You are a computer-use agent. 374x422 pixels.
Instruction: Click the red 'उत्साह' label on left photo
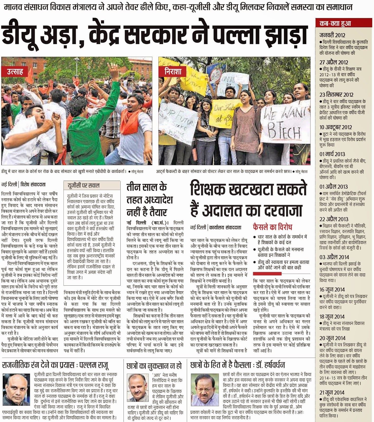[x=15, y=71]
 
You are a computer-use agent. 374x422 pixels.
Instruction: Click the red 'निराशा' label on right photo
[x=173, y=71]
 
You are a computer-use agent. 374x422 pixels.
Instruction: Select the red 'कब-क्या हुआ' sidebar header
[x=335, y=23]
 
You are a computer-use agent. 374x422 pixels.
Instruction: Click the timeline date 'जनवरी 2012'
[x=332, y=35]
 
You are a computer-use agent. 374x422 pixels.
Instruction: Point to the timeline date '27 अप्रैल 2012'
[x=334, y=63]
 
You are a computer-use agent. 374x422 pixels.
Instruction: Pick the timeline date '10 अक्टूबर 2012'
[x=335, y=127]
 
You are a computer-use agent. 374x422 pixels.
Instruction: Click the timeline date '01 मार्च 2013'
[x=332, y=154]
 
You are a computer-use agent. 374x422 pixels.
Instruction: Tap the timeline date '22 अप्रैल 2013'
[x=334, y=219]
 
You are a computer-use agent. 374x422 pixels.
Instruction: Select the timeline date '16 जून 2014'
[x=332, y=290]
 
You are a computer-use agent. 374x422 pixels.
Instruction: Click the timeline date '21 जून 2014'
[x=332, y=392]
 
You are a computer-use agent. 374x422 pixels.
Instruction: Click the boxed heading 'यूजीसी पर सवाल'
[x=83, y=186]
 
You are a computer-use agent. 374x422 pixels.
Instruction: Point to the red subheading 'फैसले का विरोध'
[x=272, y=227]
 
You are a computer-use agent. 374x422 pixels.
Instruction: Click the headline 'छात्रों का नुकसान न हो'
[x=154, y=366]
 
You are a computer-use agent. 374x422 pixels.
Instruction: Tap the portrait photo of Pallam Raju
[x=16, y=389]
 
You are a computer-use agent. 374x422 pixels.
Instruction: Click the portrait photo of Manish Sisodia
[x=138, y=387]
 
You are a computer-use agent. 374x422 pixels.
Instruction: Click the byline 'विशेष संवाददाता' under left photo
[x=33, y=185]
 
